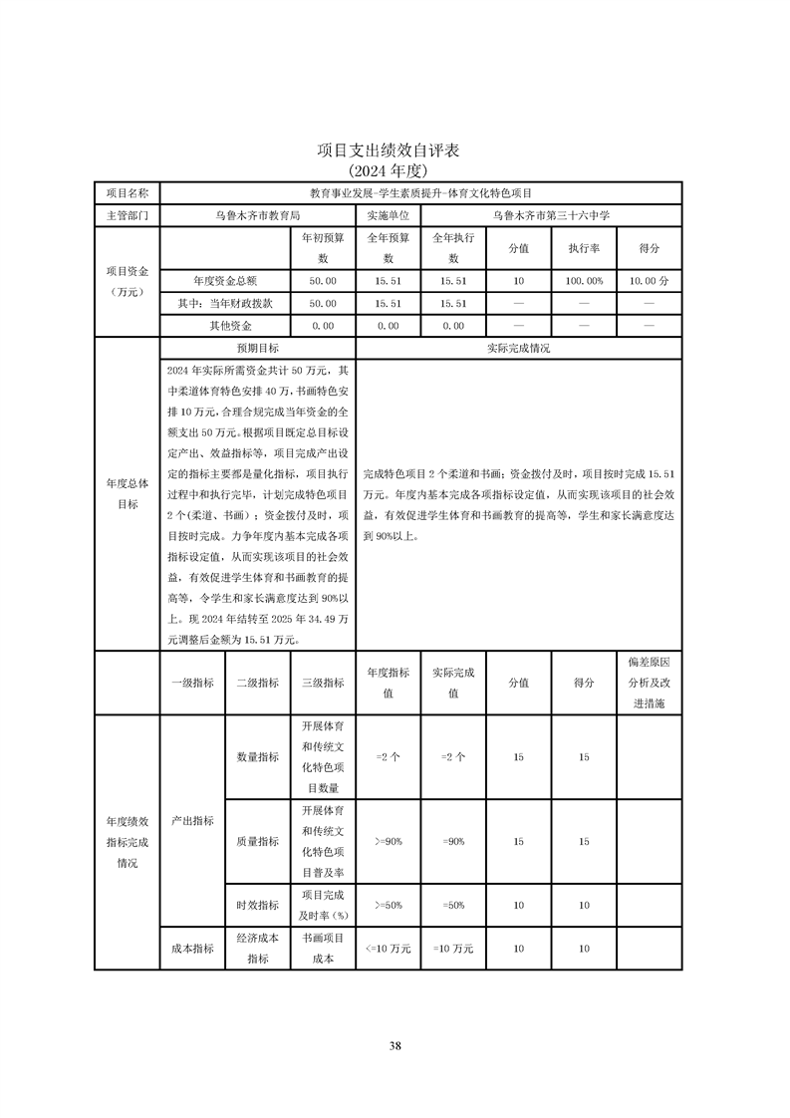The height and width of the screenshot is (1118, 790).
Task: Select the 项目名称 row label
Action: (127, 192)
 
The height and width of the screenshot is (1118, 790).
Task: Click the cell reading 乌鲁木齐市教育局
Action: (257, 214)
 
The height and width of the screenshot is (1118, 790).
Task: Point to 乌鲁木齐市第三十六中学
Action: (551, 214)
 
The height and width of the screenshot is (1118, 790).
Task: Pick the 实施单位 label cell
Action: (388, 214)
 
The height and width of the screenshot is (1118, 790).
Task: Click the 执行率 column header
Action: (584, 248)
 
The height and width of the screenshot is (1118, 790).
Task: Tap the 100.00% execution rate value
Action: (584, 281)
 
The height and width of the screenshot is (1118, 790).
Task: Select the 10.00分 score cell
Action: (649, 281)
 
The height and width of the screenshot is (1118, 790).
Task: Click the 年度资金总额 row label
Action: (224, 281)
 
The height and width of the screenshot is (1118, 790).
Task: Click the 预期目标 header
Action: (257, 349)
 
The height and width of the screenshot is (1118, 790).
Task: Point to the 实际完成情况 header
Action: (518, 349)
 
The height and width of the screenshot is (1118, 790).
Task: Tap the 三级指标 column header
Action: (323, 683)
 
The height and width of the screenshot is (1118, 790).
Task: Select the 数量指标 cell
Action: (257, 757)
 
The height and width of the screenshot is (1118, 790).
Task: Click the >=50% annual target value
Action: (388, 905)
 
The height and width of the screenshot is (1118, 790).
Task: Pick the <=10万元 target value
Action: (388, 949)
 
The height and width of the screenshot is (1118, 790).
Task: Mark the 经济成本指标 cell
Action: (257, 949)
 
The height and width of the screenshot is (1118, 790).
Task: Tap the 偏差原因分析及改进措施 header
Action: (649, 683)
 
